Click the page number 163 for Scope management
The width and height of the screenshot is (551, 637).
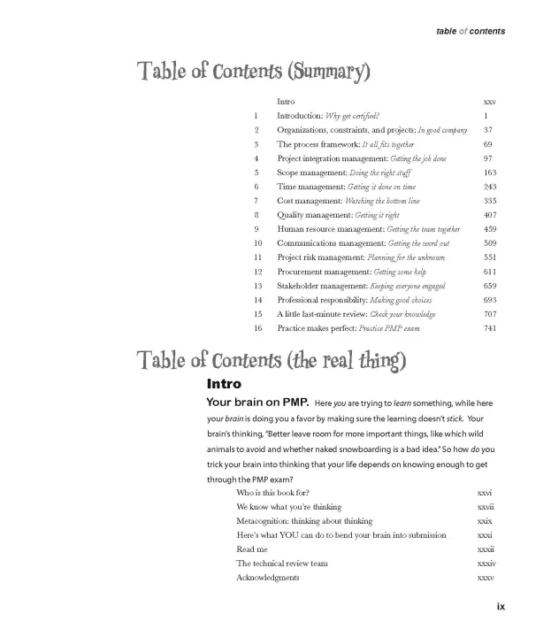[490, 173]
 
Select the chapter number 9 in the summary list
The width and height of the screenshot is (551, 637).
[256, 229]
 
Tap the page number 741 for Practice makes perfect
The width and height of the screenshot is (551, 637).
[490, 328]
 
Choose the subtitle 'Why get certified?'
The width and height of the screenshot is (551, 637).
[353, 116]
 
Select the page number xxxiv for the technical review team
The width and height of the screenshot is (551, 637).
[486, 564]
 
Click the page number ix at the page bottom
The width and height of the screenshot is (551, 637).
[501, 606]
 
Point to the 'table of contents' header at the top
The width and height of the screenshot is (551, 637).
[470, 31]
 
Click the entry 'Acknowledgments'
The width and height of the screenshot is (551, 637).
[267, 578]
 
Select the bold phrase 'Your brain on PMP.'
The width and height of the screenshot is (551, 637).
[256, 403]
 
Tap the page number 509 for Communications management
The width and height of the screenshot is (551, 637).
[490, 243]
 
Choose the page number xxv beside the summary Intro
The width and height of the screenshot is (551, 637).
[490, 102]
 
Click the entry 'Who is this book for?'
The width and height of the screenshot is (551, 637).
[272, 493]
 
